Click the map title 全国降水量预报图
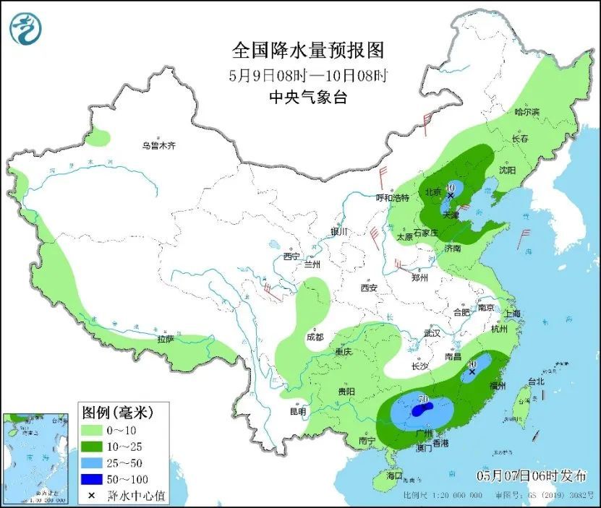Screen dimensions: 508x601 pos(307,50)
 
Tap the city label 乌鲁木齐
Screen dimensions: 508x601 pos(158,146)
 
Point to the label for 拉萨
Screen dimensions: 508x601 pos(165,338)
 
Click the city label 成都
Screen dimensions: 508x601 pos(315,337)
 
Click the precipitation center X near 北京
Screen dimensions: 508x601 pos(450,196)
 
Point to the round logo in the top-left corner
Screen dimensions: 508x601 pos(26,27)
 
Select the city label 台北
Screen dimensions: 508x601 pos(536,380)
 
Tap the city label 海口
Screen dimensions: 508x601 pos(393,476)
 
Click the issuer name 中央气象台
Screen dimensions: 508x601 pos(307,98)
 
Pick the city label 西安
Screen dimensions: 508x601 pos(369,288)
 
